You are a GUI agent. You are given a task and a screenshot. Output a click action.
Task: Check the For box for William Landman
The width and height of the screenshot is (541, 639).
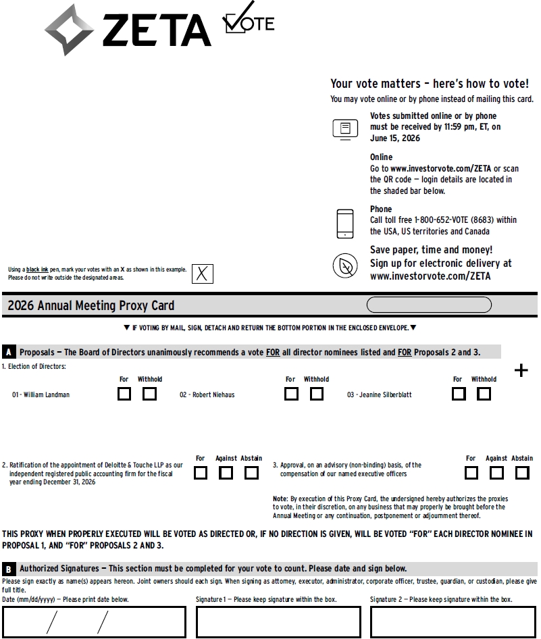124,394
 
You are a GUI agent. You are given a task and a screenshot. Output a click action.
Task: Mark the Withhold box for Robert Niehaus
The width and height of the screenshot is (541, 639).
317,394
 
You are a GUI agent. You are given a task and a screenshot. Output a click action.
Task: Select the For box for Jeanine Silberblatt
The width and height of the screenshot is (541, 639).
459,394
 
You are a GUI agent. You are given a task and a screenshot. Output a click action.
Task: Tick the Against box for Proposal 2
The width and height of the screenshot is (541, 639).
226,473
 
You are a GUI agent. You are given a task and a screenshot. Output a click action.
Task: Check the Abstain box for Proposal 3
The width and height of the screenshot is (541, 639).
522,473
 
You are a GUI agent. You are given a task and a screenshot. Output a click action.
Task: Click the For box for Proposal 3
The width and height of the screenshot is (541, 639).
471,473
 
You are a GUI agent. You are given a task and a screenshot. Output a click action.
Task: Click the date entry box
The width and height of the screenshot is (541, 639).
94,622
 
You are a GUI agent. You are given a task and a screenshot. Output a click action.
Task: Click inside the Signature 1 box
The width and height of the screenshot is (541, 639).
278,622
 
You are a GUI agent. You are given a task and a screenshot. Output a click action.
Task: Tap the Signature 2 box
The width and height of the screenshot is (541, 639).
454,622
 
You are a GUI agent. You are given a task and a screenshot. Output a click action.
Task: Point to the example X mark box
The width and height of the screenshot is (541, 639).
203,274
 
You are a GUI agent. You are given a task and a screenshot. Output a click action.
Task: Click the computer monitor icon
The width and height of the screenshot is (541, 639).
345,129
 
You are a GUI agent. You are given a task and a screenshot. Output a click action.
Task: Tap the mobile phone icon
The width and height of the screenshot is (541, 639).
345,224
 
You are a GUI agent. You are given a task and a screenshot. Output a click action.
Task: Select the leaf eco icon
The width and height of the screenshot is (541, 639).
345,266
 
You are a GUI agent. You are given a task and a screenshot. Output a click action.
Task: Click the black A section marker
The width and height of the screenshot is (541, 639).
9,352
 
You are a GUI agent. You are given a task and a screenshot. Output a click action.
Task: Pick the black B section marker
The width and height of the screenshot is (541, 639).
9,569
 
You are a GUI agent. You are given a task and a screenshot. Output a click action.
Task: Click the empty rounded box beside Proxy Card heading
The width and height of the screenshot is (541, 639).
429,305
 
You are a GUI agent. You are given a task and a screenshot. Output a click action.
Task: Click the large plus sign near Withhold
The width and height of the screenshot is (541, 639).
521,370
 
